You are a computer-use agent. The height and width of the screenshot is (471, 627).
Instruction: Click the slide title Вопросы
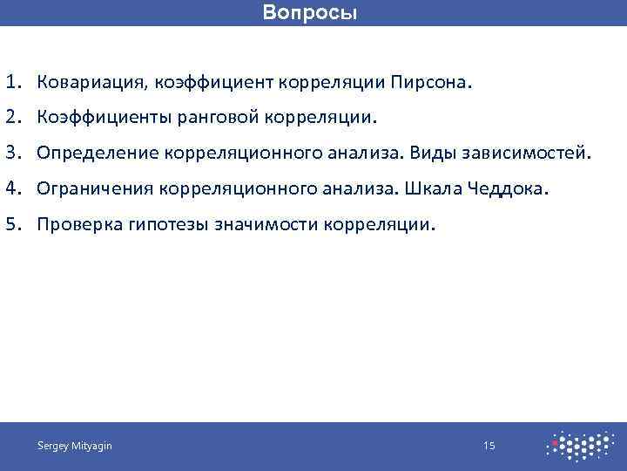(x=310, y=14)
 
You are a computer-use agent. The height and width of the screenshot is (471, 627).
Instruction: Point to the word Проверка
(x=79, y=224)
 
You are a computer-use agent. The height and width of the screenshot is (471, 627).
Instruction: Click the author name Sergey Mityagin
(x=74, y=447)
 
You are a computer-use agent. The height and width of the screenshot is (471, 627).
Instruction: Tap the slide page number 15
(x=489, y=447)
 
